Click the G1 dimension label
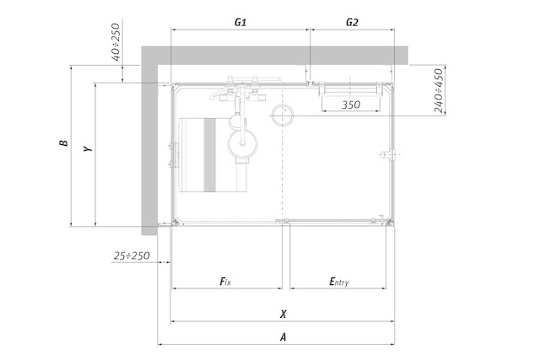point(240,23)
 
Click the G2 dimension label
point(352,23)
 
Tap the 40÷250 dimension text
point(116,41)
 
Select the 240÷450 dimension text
point(438,90)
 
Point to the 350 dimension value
point(351,105)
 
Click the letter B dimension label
point(64,142)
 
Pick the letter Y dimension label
point(88,148)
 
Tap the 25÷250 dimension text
point(132,255)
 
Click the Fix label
point(225,282)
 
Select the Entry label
point(339,282)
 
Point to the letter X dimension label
point(283,314)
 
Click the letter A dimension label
point(283,337)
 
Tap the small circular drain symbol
point(283,115)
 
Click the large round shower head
point(243,143)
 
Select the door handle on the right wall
point(388,154)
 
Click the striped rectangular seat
point(213,155)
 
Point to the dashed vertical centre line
point(283,153)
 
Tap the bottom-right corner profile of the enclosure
point(390,222)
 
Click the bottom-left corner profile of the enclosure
point(175,222)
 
